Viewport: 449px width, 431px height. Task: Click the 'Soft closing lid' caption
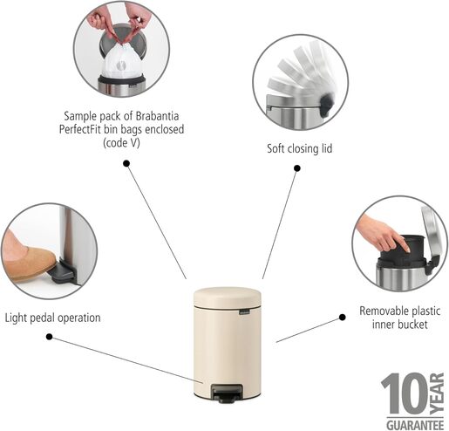click(299, 148)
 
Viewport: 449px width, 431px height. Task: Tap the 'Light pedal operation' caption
click(52, 318)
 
